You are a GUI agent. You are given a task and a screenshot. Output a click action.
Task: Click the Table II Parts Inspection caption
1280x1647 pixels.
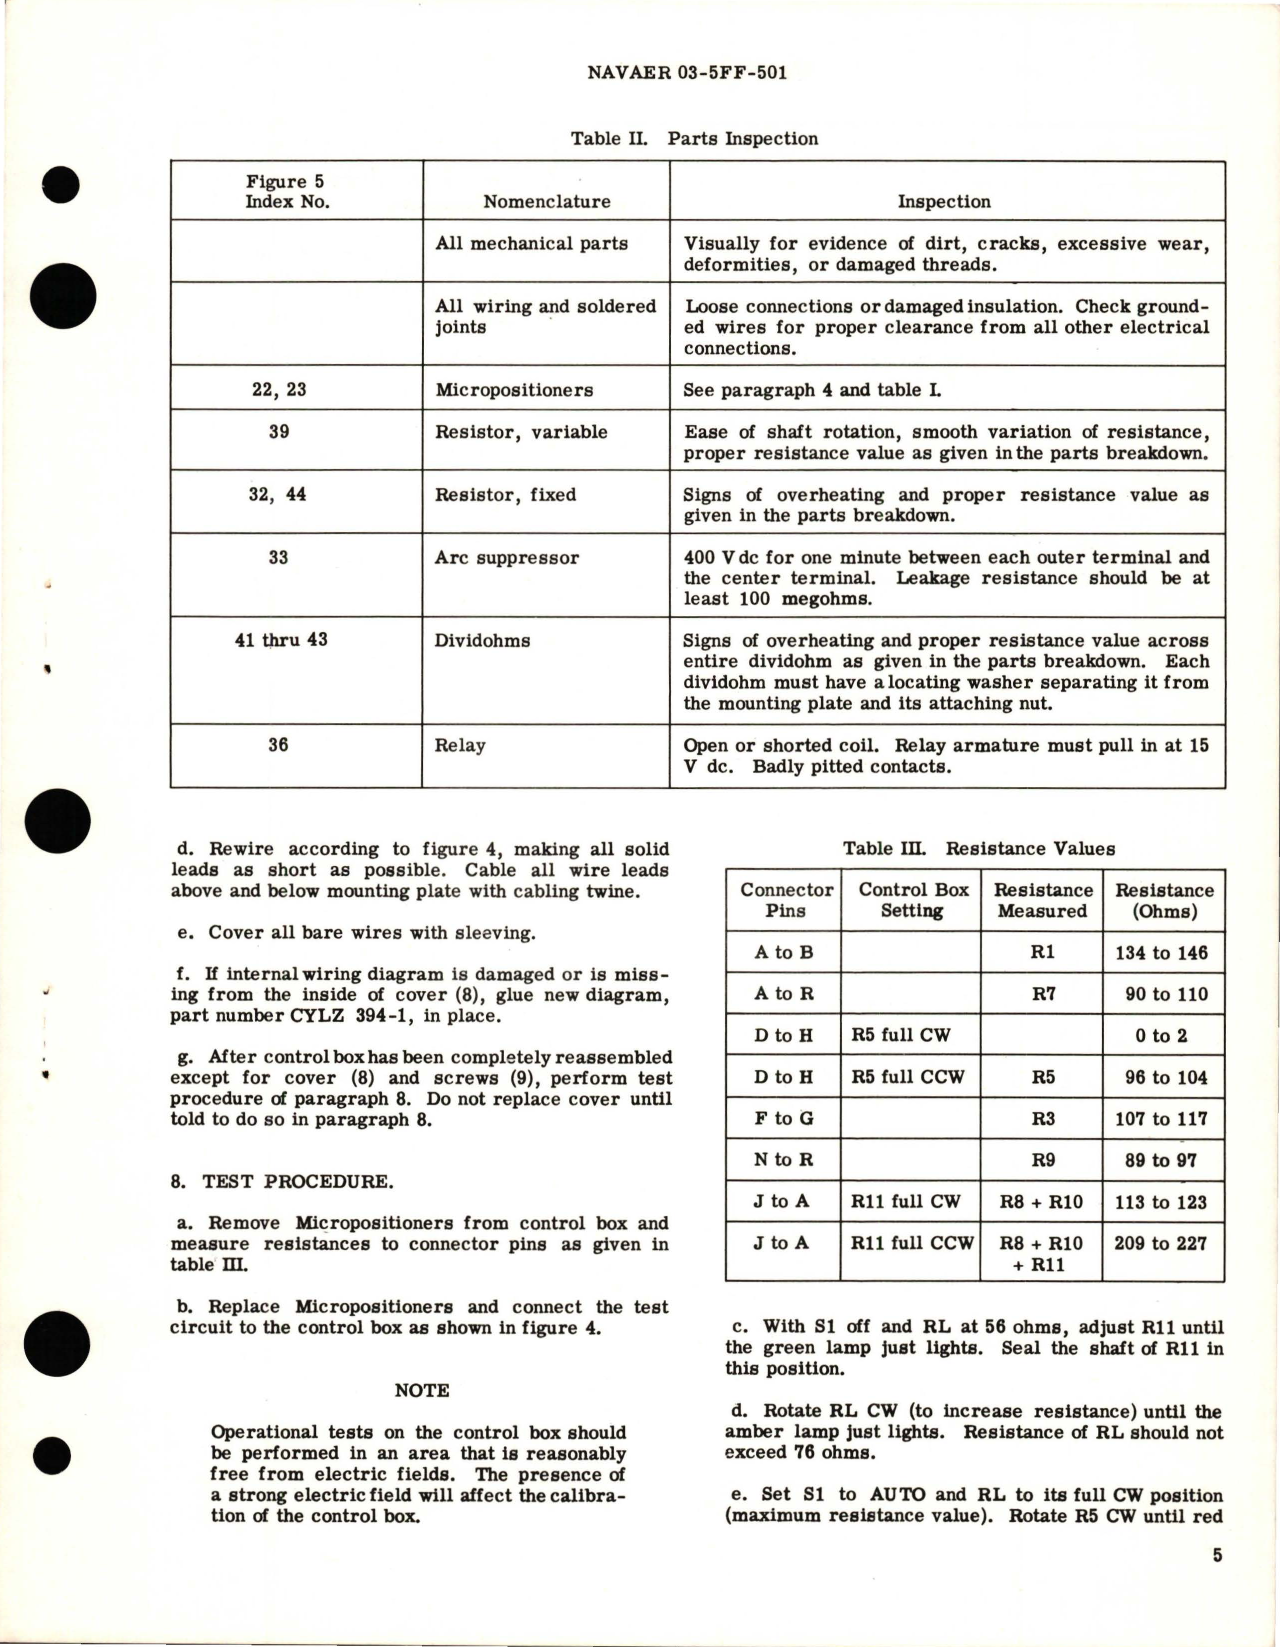(693, 139)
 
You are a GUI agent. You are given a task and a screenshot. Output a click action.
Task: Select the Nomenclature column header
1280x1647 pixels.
(546, 202)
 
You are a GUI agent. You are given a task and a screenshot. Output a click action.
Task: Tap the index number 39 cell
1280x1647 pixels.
(279, 432)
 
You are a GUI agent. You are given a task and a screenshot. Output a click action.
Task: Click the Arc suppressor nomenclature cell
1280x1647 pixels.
(506, 558)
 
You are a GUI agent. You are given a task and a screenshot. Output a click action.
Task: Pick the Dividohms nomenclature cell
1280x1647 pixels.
(482, 641)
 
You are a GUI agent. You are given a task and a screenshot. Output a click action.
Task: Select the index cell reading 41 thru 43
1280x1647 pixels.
(280, 640)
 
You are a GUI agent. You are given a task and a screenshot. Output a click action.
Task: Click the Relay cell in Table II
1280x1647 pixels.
(460, 745)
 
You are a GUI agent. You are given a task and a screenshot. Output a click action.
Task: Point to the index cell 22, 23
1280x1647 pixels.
(279, 390)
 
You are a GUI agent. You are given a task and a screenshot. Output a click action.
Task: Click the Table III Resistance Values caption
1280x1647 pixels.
(978, 849)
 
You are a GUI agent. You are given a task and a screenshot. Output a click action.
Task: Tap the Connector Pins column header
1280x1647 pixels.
(785, 900)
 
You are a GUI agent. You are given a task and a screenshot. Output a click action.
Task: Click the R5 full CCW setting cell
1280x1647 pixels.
(910, 1077)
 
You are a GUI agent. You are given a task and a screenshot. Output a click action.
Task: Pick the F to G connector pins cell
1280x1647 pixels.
(784, 1119)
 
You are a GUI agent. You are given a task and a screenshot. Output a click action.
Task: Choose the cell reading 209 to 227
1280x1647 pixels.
(1161, 1244)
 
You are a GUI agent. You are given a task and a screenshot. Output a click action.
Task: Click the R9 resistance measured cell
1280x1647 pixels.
(1042, 1161)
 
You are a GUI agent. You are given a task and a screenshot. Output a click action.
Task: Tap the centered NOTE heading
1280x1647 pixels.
(422, 1391)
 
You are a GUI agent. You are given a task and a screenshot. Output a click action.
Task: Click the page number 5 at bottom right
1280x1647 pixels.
(1217, 1556)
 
